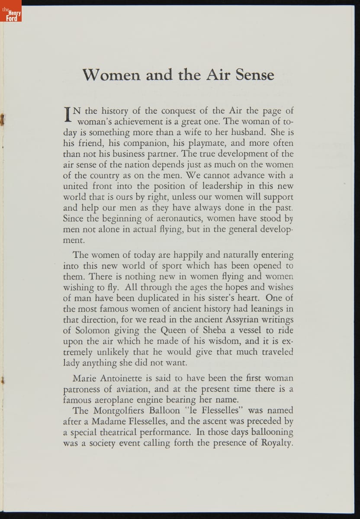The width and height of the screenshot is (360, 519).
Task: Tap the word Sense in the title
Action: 255,75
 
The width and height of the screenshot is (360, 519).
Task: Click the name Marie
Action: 85,378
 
